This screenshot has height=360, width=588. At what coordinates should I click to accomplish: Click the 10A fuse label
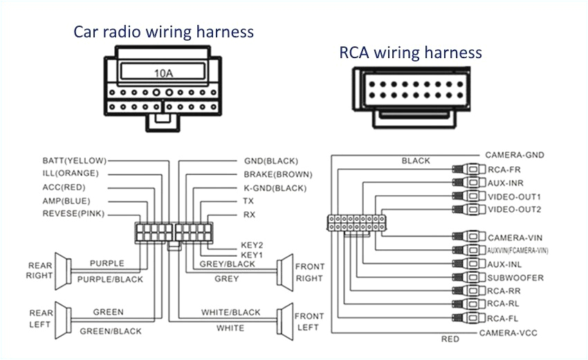pos(163,71)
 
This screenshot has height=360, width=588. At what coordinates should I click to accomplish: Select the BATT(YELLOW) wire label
pos(75,160)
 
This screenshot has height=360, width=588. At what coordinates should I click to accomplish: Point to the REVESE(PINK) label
pos(73,214)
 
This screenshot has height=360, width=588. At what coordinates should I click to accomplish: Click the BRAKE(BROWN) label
pos(277,174)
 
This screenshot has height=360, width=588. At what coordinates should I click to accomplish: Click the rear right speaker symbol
pos(63,271)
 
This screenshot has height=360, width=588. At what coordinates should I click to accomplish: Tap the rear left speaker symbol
pos(63,318)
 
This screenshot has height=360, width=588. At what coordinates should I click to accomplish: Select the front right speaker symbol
pos(284,271)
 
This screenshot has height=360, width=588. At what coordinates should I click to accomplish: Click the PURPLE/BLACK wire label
pos(110,280)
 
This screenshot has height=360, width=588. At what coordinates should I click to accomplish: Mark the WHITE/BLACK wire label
pos(231,312)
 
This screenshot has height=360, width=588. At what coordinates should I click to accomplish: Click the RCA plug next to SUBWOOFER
pos(469,278)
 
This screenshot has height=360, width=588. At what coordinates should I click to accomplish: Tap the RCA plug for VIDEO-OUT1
pos(469,196)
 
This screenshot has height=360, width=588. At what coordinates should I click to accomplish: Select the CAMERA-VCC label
pos(508,333)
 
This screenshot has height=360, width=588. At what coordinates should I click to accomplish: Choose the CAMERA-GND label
pos(513,155)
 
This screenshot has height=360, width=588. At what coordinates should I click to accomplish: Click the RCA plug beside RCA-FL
pos(469,318)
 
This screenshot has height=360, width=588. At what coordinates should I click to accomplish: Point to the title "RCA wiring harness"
pos(410,53)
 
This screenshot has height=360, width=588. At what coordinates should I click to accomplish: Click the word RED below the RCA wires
pos(450,340)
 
